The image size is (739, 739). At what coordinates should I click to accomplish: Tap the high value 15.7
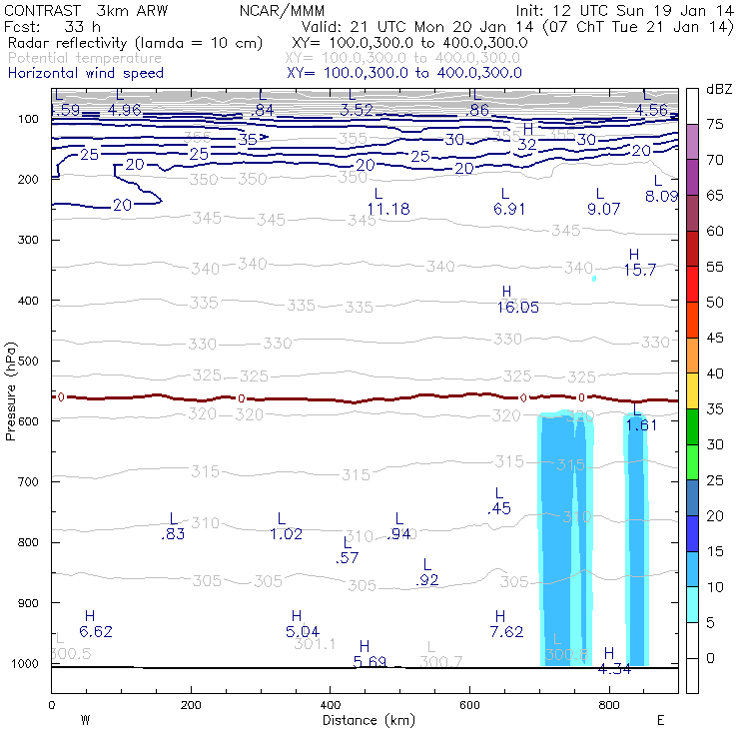639,270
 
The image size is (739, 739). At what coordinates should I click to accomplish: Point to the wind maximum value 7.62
506,631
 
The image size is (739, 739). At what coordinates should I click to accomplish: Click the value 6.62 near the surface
96,631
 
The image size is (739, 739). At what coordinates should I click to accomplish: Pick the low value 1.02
286,534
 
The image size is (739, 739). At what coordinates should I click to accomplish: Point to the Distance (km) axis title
365,720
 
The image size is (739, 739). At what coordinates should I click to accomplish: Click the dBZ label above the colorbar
718,90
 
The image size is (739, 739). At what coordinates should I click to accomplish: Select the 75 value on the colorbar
715,125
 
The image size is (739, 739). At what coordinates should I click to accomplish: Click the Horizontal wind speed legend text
85,73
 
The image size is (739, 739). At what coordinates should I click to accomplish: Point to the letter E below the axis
660,720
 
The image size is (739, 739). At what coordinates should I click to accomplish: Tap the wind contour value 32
527,144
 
